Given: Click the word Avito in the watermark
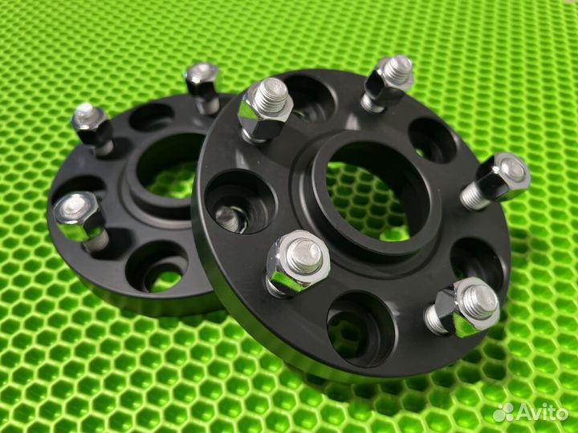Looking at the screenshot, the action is pos(542,412).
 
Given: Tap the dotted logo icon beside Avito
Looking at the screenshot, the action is pos(503,412).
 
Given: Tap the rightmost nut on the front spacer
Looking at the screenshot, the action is pos(498,180).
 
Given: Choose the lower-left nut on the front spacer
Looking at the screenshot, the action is pos(298,263).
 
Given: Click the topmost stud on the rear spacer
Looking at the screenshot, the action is pos(203,87).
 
